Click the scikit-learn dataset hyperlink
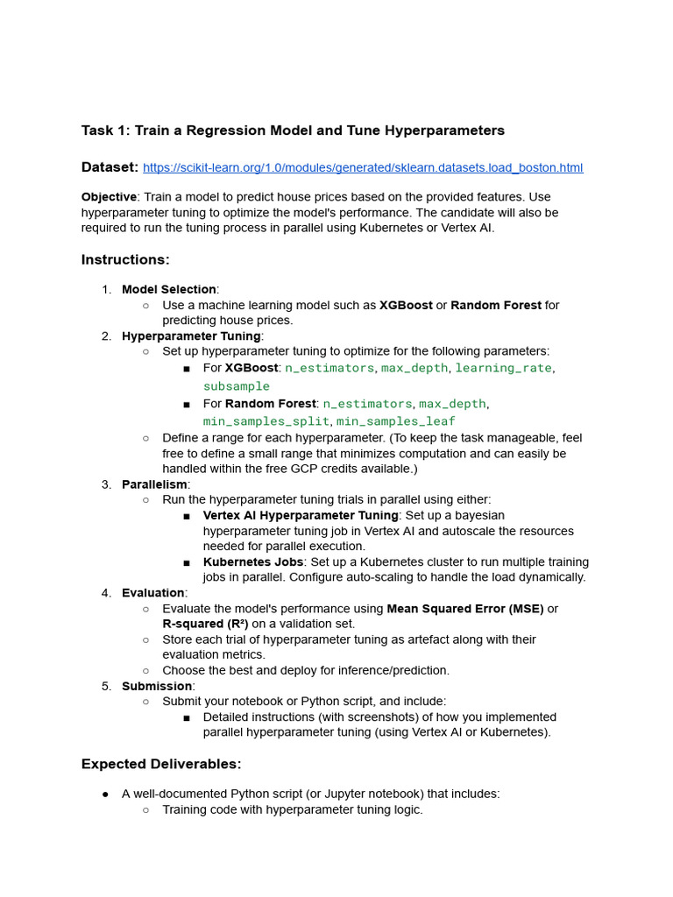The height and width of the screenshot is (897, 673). [362, 167]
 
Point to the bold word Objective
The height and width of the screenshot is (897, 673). [109, 197]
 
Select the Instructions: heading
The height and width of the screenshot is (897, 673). [125, 259]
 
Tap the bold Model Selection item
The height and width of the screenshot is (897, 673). [169, 289]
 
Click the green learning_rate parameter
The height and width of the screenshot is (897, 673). [503, 368]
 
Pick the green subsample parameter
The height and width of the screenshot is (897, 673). [237, 386]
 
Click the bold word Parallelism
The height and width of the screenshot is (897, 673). [154, 484]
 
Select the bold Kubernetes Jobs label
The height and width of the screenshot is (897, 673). [253, 562]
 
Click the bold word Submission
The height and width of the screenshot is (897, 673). [157, 686]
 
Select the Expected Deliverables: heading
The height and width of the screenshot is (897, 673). [161, 764]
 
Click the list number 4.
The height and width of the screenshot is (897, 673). [106, 593]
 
